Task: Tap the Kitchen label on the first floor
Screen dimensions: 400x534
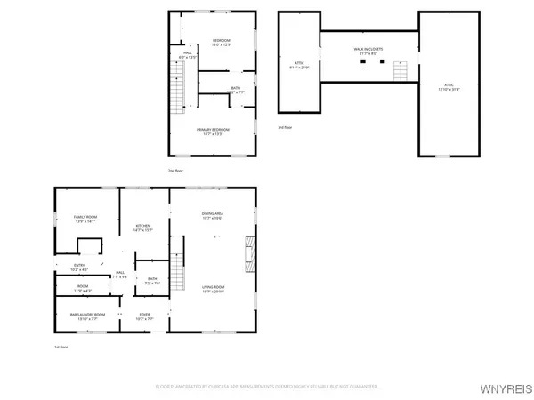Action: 143,228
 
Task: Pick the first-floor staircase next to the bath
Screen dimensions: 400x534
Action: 177,276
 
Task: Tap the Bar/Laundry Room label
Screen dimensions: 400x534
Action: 88,316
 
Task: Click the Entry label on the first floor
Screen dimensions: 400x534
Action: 79,267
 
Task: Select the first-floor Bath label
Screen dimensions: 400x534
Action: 152,281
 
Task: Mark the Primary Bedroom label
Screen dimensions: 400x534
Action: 214,132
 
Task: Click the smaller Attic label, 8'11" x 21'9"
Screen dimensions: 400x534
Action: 299,65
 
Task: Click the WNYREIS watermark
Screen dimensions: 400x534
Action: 507,388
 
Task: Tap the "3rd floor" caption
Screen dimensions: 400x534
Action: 285,127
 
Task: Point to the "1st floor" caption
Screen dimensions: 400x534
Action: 61,348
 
